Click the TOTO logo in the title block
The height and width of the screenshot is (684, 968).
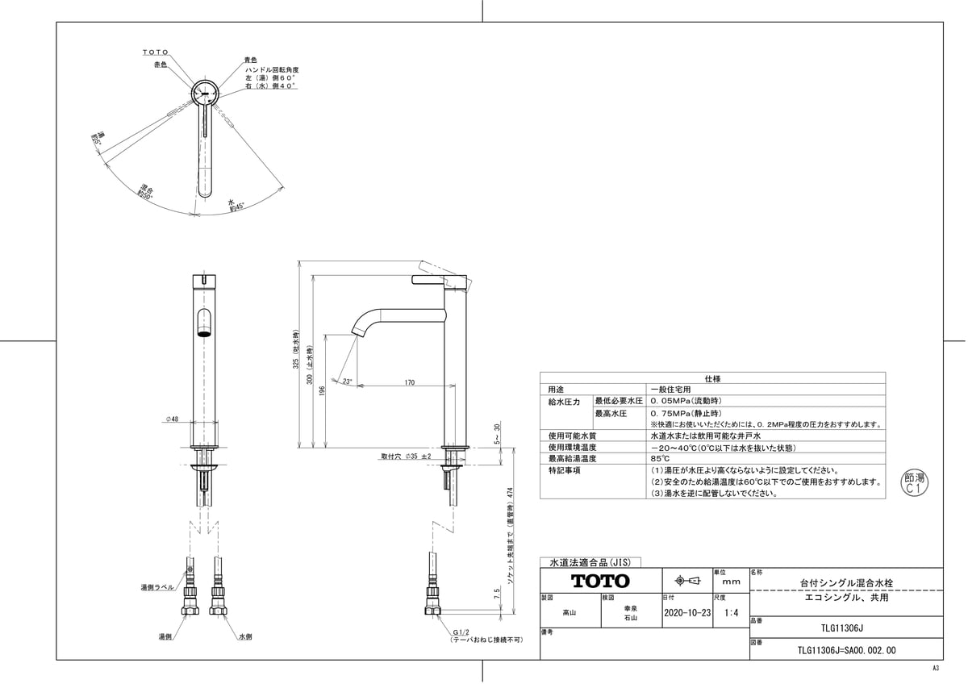(x=601, y=581)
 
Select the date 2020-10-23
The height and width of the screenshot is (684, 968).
(x=686, y=613)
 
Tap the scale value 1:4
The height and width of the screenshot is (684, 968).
(x=732, y=613)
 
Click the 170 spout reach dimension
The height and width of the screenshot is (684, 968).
(x=410, y=382)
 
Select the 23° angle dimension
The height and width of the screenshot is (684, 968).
(x=347, y=382)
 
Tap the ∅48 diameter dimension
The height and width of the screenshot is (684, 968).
(x=172, y=419)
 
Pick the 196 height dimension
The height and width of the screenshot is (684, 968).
(x=321, y=391)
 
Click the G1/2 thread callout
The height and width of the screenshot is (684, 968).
(x=461, y=632)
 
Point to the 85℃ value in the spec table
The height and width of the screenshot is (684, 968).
(x=661, y=458)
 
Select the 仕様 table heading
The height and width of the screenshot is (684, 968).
(x=712, y=377)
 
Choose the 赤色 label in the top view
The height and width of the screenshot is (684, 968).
(x=160, y=64)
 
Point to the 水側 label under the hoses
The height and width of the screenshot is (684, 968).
(x=245, y=637)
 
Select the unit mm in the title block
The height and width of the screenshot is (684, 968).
(x=732, y=581)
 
